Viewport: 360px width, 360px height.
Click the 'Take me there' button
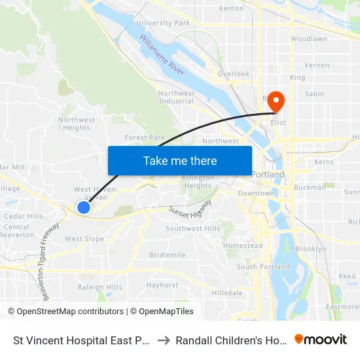(179, 160)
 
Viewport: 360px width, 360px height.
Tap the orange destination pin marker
(276, 101)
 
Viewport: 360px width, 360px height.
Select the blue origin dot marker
(84, 207)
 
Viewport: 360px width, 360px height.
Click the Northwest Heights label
(77, 124)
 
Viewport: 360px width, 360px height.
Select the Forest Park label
(145, 137)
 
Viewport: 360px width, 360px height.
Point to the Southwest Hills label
(192, 228)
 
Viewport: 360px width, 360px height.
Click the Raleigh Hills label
(100, 287)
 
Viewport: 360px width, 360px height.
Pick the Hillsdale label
(227, 293)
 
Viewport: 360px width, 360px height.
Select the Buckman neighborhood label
(310, 187)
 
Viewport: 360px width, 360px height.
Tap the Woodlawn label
(308, 39)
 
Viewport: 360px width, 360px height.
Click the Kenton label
(231, 9)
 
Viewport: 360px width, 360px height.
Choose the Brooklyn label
(310, 249)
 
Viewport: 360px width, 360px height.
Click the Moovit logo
(321, 340)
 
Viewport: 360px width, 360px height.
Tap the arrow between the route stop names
(164, 340)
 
